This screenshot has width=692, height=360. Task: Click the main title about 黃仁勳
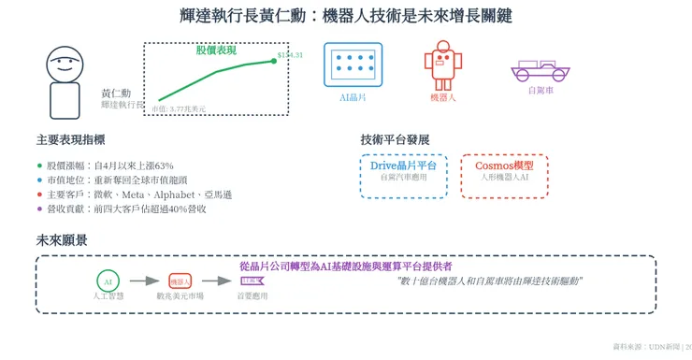345,16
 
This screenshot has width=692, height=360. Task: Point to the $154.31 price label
290,56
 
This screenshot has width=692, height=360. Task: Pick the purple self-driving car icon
539,70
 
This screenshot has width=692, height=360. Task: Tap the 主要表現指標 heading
70,139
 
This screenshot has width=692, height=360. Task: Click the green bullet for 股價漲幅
39,165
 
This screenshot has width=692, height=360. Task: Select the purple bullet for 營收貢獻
39,209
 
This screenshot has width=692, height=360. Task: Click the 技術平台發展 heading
395,139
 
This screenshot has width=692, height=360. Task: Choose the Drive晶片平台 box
403,177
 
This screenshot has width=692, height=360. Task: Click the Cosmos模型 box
505,177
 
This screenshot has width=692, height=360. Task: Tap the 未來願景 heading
62,239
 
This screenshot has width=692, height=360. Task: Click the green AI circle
108,281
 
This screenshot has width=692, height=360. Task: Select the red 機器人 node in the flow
179,281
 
